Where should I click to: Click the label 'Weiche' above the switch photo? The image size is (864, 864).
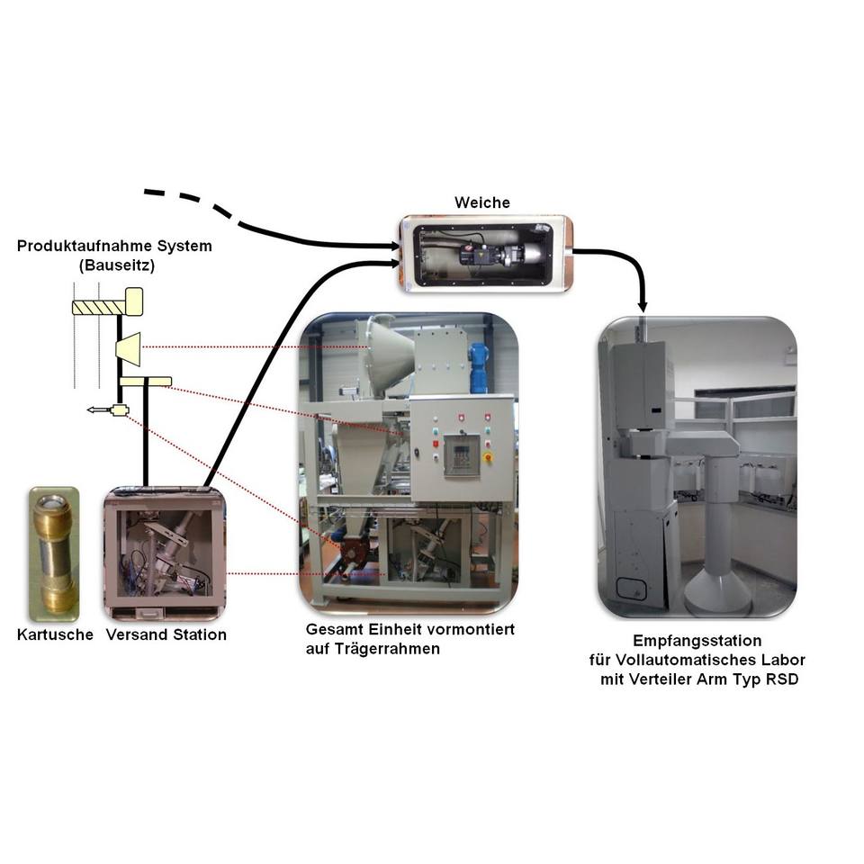(x=483, y=202)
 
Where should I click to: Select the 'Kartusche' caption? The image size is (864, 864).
(x=55, y=634)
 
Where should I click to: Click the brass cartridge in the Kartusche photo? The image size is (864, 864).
(x=56, y=551)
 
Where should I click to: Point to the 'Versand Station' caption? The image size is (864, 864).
(x=166, y=634)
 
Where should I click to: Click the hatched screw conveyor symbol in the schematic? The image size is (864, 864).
(x=97, y=307)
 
